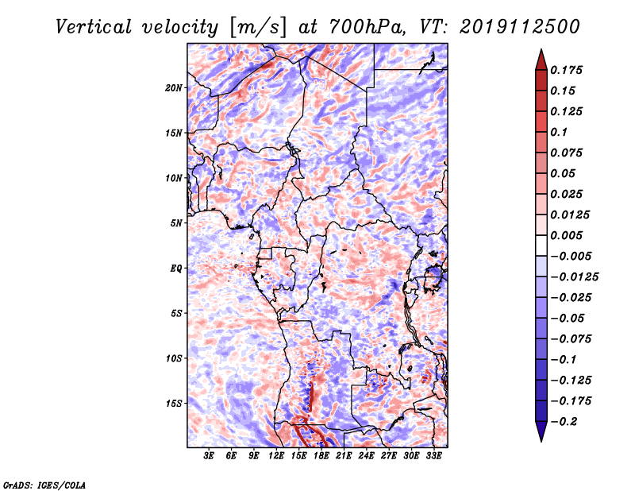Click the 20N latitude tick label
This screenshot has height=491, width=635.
tap(174, 88)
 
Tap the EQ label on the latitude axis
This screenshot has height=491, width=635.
tap(176, 269)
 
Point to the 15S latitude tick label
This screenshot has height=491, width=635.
tap(174, 404)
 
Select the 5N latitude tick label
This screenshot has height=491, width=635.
tap(176, 223)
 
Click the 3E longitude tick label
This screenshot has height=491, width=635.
tap(209, 456)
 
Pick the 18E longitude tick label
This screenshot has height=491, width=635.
tap(321, 456)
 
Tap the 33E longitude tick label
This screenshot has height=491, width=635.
tap(433, 456)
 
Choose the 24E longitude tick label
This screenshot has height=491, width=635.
tap(366, 456)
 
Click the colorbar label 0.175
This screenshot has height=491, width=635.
tap(566, 71)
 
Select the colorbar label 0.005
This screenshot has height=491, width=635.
tap(566, 235)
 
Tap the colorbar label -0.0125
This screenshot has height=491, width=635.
tap(574, 277)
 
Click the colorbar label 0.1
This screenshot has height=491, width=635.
tap(559, 132)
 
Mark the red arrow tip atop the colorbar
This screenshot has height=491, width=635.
tap(541, 49)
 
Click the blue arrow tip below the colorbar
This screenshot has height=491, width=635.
tap(541, 441)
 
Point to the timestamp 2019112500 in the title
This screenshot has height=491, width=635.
tap(520, 27)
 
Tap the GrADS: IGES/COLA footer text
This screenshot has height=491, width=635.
tap(44, 485)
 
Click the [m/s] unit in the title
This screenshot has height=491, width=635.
tap(259, 28)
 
